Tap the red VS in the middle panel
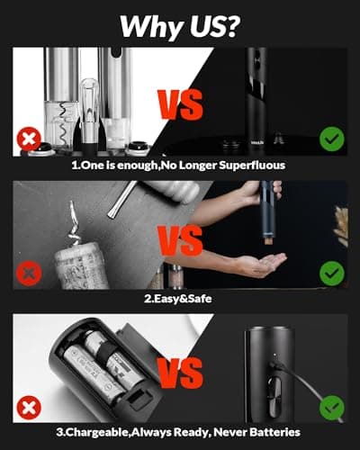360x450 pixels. click(x=180, y=240)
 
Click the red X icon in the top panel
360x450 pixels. click(x=28, y=140)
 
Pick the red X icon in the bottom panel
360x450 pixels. click(x=28, y=406)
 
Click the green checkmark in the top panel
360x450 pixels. click(x=331, y=140)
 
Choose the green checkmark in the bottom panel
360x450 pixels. click(x=331, y=406)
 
